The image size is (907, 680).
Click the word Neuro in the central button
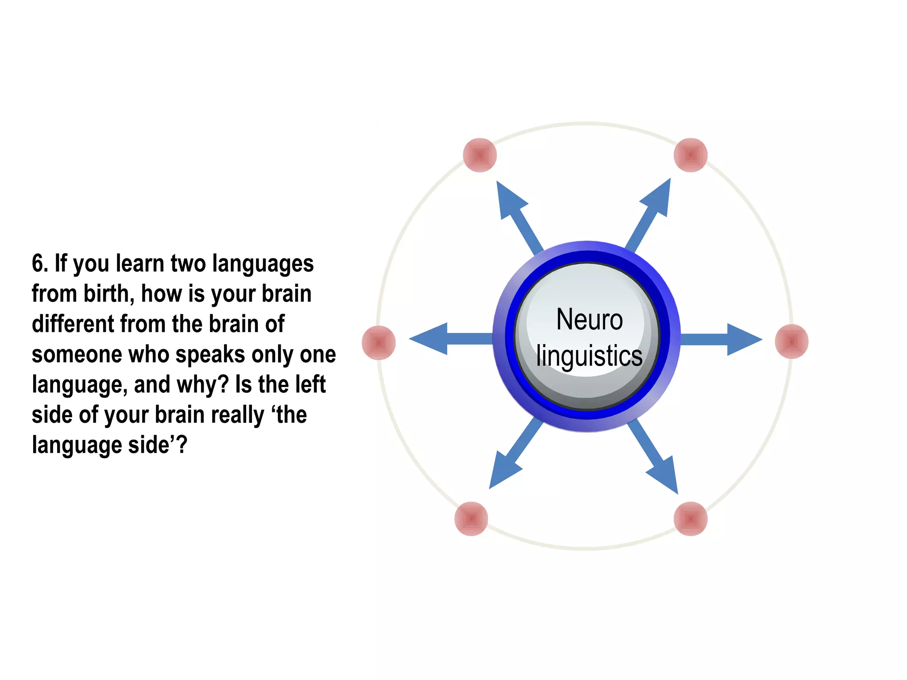point(589,319)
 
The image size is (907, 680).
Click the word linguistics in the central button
point(589,356)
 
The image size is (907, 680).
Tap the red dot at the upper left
point(480,155)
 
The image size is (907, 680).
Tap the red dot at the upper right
point(690,155)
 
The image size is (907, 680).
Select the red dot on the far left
point(379,342)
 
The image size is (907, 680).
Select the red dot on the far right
point(792,341)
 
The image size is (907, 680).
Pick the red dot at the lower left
point(471,518)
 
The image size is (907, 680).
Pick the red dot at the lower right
point(690,518)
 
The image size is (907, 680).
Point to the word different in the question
point(73,324)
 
